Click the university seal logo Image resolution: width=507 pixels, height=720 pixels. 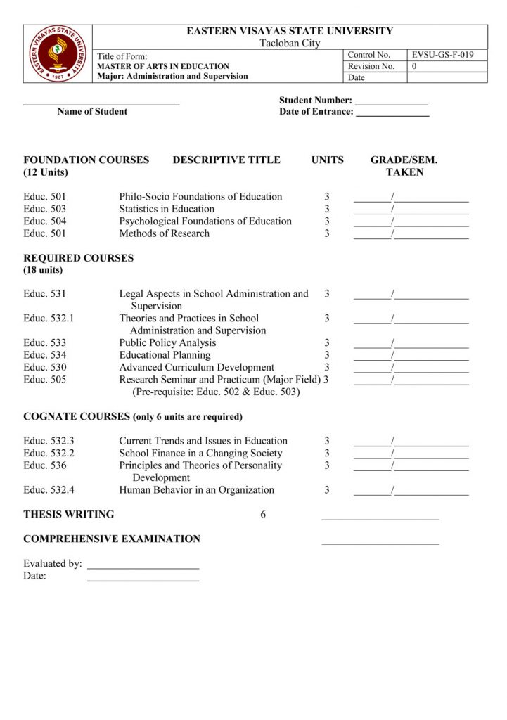[58, 53]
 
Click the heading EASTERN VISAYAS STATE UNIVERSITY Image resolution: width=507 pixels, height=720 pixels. [290, 31]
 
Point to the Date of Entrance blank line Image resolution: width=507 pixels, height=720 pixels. [392, 115]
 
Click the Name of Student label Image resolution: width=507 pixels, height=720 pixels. [92, 111]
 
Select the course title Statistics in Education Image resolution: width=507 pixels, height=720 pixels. [167, 209]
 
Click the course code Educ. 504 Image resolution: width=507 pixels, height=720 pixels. [45, 221]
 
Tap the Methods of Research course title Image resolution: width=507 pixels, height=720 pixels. [164, 233]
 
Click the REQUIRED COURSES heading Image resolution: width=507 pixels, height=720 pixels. [78, 258]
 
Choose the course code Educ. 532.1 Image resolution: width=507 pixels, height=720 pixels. [49, 319]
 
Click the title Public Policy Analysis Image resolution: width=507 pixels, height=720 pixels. [167, 343]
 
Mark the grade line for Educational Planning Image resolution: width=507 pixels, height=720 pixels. [411, 358]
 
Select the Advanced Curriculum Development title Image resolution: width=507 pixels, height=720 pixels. [196, 367]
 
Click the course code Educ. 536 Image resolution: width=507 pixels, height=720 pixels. [45, 465]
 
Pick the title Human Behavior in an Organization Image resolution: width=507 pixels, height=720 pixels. [196, 490]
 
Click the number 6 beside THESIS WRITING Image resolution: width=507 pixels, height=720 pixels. [263, 515]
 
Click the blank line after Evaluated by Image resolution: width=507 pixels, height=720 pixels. [143, 567]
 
